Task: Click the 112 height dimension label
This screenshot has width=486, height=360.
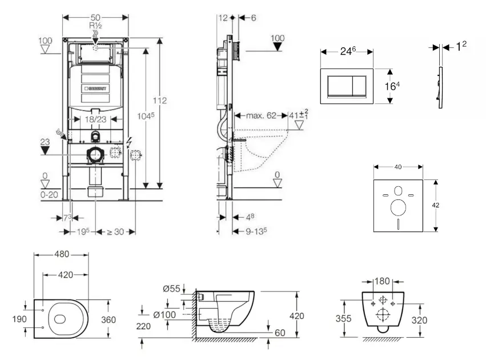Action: [160, 101]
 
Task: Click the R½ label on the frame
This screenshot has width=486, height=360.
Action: [95, 26]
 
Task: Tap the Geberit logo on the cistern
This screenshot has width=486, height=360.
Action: [98, 88]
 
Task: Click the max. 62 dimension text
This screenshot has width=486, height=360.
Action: [260, 115]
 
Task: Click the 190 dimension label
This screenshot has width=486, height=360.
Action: [19, 319]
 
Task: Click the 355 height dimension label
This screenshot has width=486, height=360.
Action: [343, 319]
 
